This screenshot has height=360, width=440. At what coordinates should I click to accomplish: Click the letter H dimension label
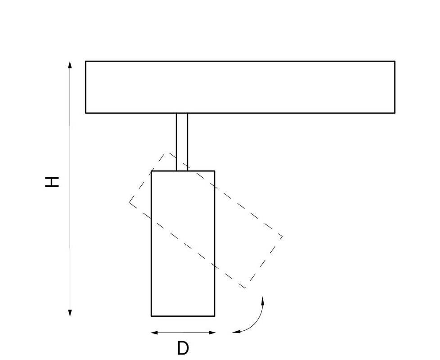tap(52, 182)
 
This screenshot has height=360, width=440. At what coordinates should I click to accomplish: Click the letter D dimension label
tap(183, 348)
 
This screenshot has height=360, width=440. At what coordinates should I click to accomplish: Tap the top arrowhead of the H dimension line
tap(70, 64)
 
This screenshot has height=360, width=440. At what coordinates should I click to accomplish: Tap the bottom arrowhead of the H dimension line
tap(70, 313)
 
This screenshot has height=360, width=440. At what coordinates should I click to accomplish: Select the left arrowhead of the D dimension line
tap(155, 333)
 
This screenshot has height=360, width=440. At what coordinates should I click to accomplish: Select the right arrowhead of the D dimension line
tap(212, 333)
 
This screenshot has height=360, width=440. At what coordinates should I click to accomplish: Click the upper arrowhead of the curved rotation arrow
tap(263, 300)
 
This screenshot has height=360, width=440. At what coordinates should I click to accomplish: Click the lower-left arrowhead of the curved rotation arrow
tap(236, 332)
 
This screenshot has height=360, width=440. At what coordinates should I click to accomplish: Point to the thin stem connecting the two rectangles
tap(182, 142)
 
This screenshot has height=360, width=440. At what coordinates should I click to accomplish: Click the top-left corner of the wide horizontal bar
tap(85, 61)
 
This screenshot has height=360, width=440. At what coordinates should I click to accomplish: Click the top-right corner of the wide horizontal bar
tap(395, 61)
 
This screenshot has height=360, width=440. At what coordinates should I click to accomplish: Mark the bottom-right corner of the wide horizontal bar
tap(395, 113)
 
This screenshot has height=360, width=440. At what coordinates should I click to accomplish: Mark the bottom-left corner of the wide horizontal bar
tap(85, 113)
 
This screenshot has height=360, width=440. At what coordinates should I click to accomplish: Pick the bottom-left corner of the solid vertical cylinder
tap(152, 316)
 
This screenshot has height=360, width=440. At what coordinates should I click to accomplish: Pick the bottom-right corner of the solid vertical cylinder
tap(215, 316)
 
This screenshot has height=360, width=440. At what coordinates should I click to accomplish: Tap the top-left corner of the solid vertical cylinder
tap(152, 171)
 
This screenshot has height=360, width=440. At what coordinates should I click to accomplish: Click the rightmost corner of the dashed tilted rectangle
tap(282, 237)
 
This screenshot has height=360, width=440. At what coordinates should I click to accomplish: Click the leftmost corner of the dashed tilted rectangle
tap(130, 202)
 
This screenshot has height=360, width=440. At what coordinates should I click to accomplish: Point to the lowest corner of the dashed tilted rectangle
tap(245, 288)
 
